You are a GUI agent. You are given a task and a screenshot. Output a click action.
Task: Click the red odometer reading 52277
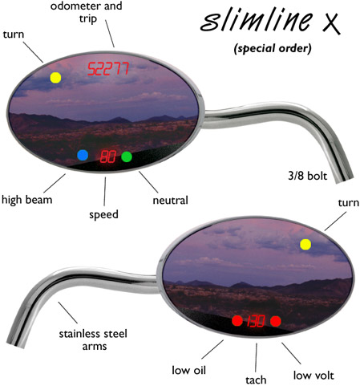click(x=108, y=68)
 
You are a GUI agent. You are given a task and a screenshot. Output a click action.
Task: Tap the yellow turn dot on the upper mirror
click(x=55, y=78)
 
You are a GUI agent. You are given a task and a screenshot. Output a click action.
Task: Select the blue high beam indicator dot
click(x=83, y=155)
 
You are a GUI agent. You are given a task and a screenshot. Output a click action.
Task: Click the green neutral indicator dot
click(x=127, y=156)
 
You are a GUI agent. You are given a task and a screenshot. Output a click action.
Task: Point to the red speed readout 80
click(x=108, y=156)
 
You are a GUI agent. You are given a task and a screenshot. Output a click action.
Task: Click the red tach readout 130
click(x=256, y=321)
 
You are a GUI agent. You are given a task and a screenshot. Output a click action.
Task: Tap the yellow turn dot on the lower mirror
click(x=305, y=245)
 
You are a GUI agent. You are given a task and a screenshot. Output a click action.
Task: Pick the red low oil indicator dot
click(x=237, y=321)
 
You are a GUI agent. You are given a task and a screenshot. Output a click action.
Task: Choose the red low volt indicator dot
click(x=276, y=321)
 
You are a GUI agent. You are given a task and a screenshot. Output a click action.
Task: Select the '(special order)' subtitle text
click(x=273, y=49)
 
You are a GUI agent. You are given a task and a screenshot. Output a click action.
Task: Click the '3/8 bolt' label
click(x=307, y=176)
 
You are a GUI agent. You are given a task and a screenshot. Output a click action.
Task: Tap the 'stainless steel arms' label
click(x=93, y=339)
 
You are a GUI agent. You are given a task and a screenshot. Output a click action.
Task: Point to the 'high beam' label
click(x=26, y=200)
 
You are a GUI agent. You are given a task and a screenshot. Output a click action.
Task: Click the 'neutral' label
click(x=171, y=200)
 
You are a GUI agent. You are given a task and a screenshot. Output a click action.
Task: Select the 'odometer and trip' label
click(x=87, y=12)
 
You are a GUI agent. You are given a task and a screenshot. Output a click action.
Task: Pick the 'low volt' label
click(x=313, y=376)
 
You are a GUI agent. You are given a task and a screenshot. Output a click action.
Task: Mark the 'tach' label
click(x=256, y=380)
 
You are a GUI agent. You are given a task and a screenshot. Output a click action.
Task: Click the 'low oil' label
click(x=188, y=370)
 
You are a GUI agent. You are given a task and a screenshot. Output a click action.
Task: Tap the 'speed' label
click(x=103, y=215)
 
